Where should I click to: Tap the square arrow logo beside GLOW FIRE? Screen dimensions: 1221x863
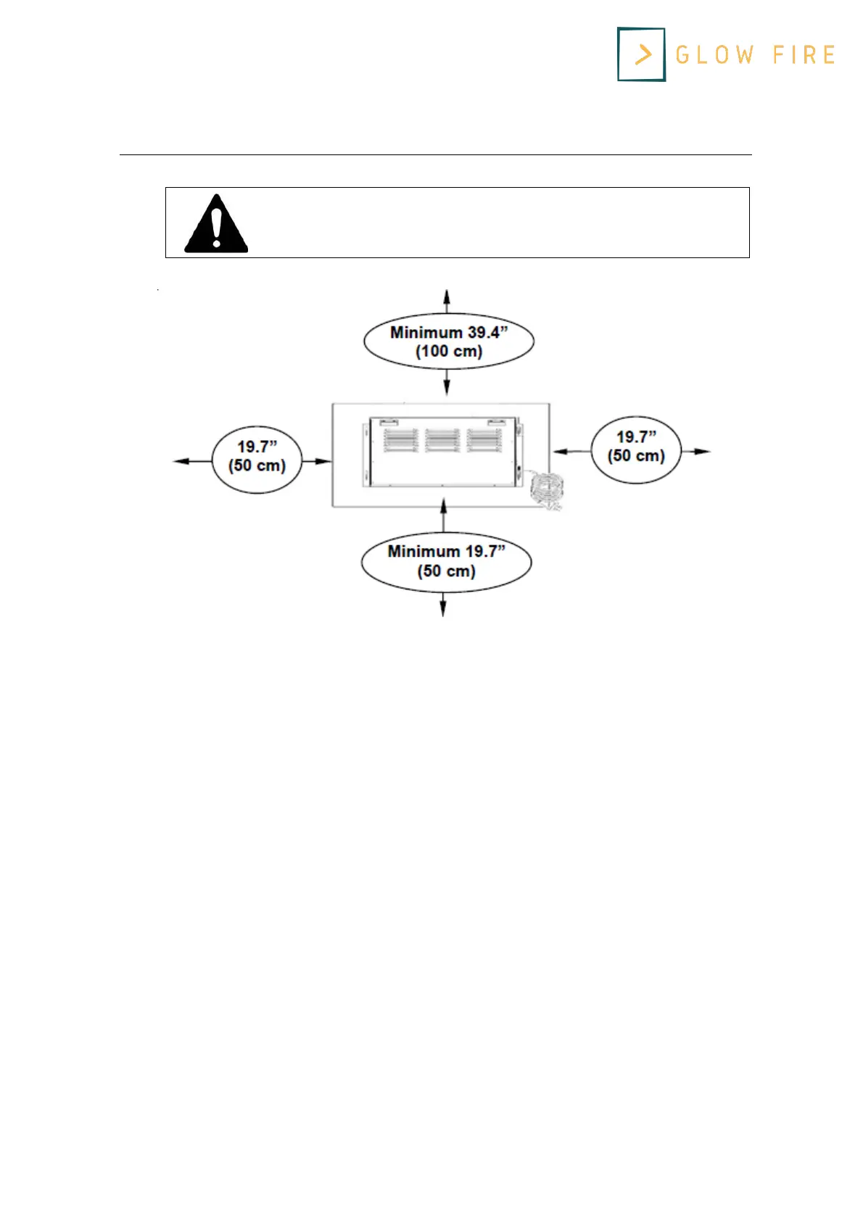641,54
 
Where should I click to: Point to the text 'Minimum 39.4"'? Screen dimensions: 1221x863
449,332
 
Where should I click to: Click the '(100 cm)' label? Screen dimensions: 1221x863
449,352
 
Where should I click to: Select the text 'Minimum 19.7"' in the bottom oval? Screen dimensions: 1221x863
446,551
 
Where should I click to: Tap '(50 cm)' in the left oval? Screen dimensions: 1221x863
257,465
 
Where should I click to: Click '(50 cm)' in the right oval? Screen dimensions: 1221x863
636,456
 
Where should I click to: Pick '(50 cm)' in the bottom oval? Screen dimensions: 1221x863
446,571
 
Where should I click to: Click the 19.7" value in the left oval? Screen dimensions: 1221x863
257,447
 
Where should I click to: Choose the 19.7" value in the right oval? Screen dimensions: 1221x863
636,436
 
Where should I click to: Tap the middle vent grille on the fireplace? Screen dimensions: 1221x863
442,440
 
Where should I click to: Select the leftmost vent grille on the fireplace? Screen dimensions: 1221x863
401,440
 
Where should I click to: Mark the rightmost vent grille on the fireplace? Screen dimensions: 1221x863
484,440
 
